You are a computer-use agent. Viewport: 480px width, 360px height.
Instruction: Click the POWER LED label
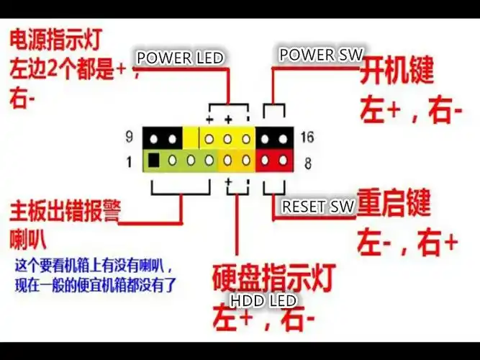click(x=180, y=58)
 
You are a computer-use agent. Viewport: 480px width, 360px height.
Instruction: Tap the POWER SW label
click(x=321, y=55)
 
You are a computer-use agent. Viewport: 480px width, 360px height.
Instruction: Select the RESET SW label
click(x=318, y=206)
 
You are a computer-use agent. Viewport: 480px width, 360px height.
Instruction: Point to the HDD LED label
click(x=263, y=300)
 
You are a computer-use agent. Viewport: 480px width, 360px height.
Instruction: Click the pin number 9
click(x=130, y=137)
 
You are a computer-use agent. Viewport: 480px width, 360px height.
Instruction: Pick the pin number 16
click(x=307, y=137)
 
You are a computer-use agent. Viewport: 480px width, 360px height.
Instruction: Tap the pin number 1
click(x=130, y=161)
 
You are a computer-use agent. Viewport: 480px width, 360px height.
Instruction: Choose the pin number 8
click(x=308, y=163)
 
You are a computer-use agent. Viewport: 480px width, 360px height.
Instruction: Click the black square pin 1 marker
click(x=153, y=161)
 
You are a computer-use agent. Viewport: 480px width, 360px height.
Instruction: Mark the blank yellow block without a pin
click(x=191, y=138)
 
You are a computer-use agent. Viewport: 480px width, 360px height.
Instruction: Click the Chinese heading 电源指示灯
click(x=55, y=40)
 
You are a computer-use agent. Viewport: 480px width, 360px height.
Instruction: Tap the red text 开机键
click(x=397, y=71)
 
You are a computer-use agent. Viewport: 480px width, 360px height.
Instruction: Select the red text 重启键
click(x=394, y=202)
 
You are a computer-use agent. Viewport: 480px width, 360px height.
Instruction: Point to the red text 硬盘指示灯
click(x=274, y=278)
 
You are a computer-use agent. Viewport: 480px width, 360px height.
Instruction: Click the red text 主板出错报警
click(x=65, y=211)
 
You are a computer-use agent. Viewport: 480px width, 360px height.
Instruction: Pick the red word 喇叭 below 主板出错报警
click(x=28, y=238)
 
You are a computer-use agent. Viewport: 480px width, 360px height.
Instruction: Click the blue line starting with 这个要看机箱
click(x=94, y=266)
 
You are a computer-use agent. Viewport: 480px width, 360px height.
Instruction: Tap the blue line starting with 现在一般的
click(x=96, y=285)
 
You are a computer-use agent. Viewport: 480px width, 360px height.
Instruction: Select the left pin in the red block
click(x=265, y=161)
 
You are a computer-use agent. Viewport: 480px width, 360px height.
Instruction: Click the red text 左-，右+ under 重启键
click(x=407, y=242)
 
